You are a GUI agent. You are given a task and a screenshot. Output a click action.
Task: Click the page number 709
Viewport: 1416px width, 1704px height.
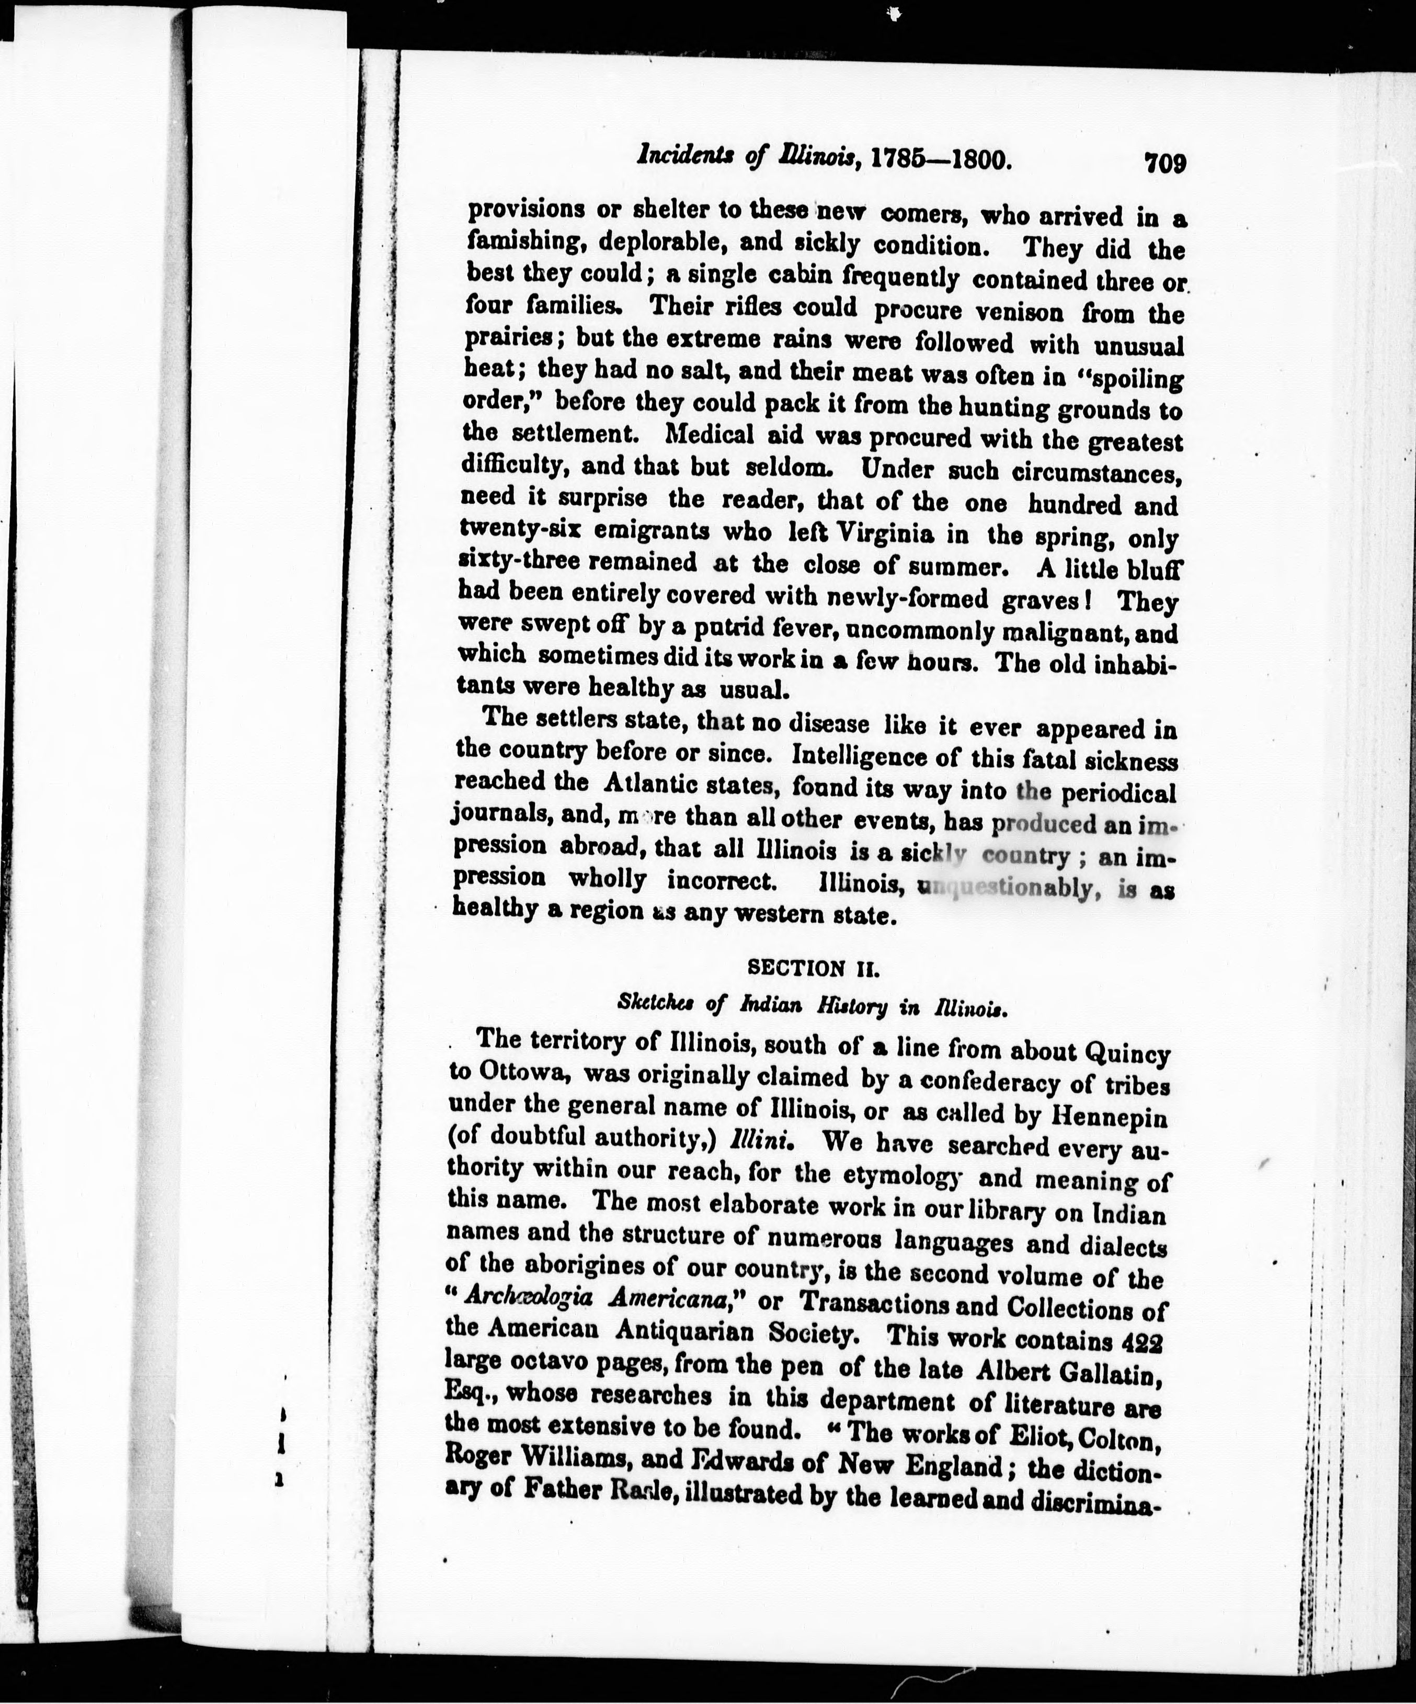1165,163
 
